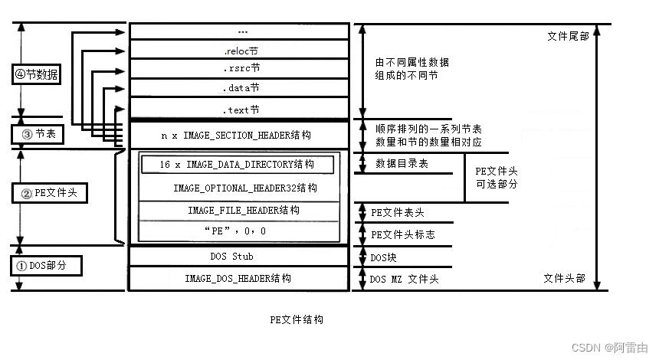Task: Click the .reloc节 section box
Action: pyautogui.click(x=240, y=51)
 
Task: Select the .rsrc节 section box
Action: pyautogui.click(x=240, y=69)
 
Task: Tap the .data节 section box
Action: pyautogui.click(x=240, y=88)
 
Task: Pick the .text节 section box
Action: pyautogui.click(x=240, y=110)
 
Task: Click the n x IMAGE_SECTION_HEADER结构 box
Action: pyautogui.click(x=237, y=135)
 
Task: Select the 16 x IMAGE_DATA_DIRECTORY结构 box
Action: pyautogui.click(x=237, y=165)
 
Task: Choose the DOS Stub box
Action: pyautogui.click(x=231, y=256)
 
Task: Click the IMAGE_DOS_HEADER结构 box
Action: pyautogui.click(x=238, y=279)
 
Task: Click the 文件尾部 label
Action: pyautogui.click(x=569, y=36)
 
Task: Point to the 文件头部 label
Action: pyautogui.click(x=564, y=278)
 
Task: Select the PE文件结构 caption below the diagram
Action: pyautogui.click(x=297, y=319)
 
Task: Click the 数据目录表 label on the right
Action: pyautogui.click(x=402, y=164)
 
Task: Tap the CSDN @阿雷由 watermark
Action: pyautogui.click(x=610, y=347)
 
